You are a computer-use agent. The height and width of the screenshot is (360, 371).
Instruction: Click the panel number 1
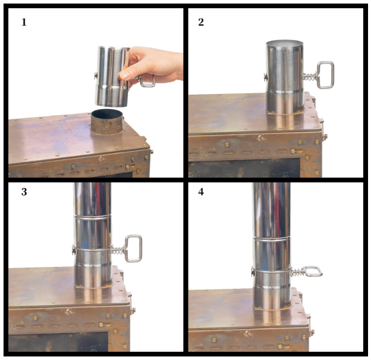(24, 22)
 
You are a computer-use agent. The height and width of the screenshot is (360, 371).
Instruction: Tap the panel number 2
(201, 22)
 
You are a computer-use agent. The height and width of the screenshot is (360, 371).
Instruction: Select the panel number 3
(24, 191)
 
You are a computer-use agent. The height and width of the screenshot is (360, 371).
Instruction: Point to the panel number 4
(201, 191)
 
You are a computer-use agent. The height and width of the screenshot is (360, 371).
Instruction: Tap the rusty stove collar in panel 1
(107, 122)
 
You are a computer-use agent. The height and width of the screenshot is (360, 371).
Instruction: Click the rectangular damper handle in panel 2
(325, 75)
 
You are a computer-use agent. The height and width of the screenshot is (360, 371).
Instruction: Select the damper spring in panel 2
(310, 77)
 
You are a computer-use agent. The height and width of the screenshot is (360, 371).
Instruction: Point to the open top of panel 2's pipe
(284, 44)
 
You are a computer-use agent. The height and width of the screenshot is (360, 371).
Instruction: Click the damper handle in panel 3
(134, 249)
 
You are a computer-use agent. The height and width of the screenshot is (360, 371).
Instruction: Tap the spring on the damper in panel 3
(118, 250)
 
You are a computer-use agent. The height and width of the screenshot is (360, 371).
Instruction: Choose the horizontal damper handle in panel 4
(313, 271)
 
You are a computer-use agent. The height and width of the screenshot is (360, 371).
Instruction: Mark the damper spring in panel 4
(298, 273)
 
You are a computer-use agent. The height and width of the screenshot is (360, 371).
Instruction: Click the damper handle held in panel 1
(147, 81)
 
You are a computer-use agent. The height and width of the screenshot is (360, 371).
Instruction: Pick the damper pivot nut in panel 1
(95, 75)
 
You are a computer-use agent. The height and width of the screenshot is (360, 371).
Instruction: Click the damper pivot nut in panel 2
(266, 77)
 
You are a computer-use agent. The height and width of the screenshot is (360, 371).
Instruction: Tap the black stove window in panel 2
(244, 168)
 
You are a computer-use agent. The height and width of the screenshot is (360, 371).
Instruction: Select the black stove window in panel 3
(58, 342)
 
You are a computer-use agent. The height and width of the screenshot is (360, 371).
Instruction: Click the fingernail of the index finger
(124, 75)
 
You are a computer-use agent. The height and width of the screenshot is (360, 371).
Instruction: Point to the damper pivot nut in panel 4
(253, 272)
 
